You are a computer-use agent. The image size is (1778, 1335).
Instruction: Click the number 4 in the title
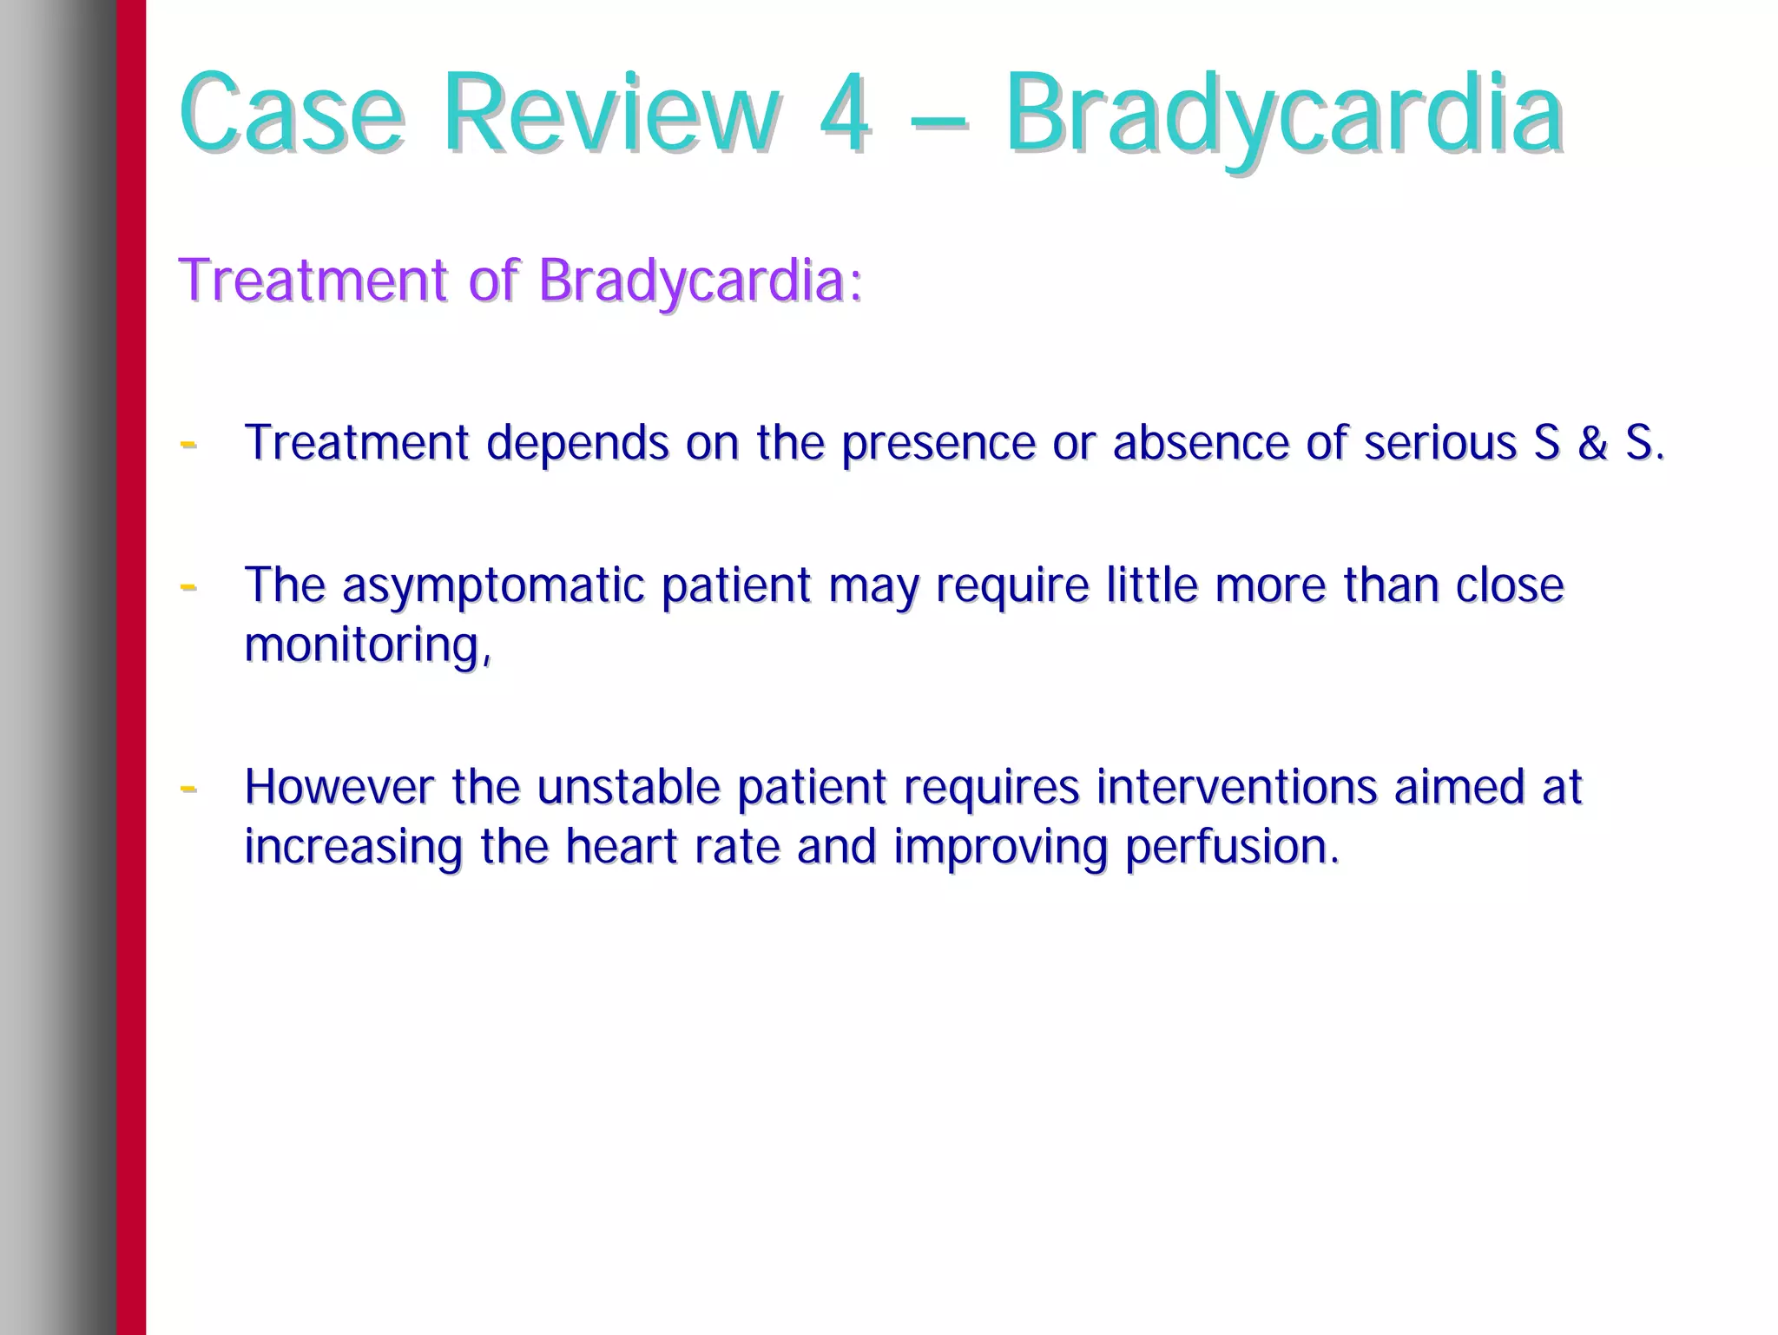843,115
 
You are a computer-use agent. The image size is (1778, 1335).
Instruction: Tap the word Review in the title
611,115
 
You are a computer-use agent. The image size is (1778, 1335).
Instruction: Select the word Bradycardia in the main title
1284,115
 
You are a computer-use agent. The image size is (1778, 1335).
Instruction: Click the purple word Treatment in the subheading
313,281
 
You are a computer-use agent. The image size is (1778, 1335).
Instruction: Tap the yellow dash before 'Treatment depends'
188,444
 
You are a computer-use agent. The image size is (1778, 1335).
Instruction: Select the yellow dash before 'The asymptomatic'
188,587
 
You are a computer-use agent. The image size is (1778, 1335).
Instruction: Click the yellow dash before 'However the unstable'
188,789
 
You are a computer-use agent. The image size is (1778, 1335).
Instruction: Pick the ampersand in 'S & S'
1592,443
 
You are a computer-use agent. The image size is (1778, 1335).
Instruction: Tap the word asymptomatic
493,586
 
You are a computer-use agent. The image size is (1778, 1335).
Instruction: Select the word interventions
1236,787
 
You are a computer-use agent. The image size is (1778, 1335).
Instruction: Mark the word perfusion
1232,848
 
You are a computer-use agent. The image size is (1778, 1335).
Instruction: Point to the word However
339,787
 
